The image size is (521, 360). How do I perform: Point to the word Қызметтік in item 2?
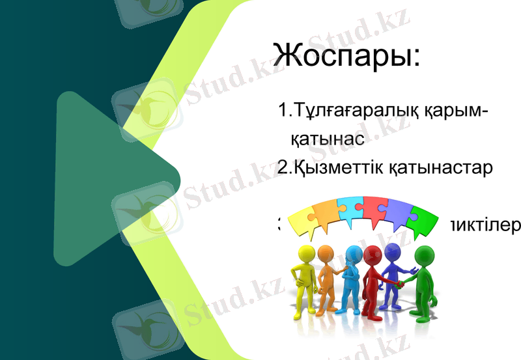tap(340, 167)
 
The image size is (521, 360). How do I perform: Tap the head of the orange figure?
tap(325, 252)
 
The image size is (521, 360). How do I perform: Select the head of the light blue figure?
tap(354, 253)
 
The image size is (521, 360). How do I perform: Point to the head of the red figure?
tap(372, 253)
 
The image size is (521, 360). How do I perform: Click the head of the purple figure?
tap(392, 251)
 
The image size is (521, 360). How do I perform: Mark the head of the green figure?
tap(423, 253)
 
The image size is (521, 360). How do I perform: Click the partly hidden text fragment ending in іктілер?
tap(483, 225)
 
